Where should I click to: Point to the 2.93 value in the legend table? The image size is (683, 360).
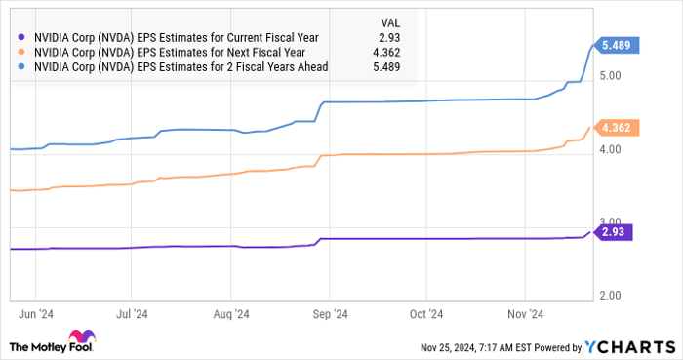(391, 36)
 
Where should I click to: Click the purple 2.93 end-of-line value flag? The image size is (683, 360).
(616, 232)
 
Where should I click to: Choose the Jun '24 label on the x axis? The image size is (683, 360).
(36, 315)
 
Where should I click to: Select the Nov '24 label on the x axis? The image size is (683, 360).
(524, 315)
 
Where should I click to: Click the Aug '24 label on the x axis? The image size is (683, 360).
(232, 315)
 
